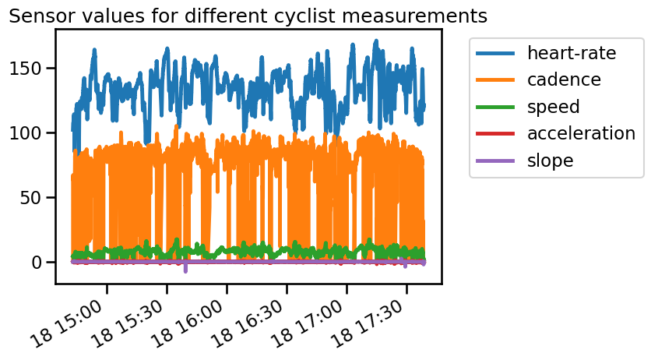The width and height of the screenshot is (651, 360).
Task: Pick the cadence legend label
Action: coord(564,79)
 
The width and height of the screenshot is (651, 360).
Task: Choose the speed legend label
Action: coord(553,106)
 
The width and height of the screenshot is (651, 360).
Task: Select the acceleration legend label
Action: coord(581,133)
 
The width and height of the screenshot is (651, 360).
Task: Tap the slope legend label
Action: coord(550,160)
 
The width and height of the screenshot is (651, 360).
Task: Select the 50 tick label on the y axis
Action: coord(33,197)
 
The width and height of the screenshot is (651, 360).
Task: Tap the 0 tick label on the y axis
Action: coord(38,262)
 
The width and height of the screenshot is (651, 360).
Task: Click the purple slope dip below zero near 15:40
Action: coord(185,270)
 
